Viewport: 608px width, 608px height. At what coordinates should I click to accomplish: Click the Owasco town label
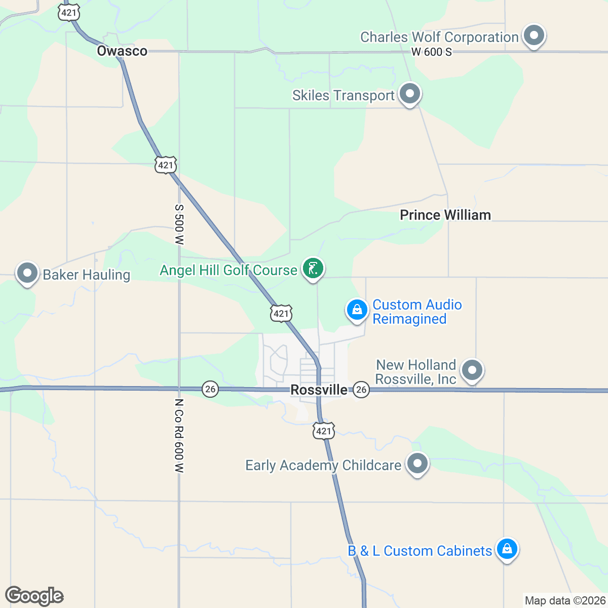tap(122, 51)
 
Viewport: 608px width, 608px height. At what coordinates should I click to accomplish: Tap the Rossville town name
tap(319, 390)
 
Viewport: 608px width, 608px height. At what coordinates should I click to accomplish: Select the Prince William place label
tap(445, 215)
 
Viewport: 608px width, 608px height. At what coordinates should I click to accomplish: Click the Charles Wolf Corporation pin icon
tap(534, 36)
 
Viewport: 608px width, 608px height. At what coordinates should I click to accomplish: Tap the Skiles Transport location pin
tap(409, 94)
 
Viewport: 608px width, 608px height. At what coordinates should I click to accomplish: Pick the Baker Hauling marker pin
tap(27, 274)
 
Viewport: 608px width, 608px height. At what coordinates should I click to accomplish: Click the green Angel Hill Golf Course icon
tap(313, 269)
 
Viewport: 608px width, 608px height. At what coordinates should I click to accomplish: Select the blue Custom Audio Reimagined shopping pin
tap(357, 310)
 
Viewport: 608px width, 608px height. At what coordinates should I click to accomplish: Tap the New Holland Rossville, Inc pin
tap(472, 370)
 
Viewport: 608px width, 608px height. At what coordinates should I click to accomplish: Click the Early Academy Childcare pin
tap(417, 464)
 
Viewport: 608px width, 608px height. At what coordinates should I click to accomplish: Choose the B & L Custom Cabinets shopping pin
tap(507, 549)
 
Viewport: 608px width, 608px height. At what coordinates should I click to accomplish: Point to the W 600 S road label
tap(431, 52)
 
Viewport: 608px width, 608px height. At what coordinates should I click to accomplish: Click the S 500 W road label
tap(179, 225)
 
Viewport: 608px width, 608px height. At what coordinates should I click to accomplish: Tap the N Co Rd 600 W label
tap(179, 436)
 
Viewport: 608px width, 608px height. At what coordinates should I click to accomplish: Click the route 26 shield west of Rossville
tap(210, 389)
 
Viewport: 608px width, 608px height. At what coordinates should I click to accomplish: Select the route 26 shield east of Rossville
tap(361, 389)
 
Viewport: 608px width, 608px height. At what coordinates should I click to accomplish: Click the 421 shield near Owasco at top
tap(68, 12)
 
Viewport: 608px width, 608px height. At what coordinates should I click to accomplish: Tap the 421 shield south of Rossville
tap(323, 431)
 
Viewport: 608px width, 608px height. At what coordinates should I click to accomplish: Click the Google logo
tap(34, 596)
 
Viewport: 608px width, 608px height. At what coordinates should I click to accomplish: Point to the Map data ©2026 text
tap(565, 601)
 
